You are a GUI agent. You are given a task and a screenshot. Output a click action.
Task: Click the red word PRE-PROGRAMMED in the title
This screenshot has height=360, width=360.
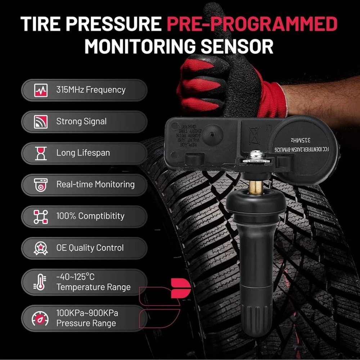tap(252, 24)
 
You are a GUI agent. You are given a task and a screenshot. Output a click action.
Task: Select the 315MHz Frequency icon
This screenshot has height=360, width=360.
tap(41, 90)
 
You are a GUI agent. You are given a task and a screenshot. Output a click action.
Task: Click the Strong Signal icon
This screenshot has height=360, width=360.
tap(41, 122)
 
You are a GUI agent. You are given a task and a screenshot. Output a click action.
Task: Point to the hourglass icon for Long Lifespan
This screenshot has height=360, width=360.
tap(41, 153)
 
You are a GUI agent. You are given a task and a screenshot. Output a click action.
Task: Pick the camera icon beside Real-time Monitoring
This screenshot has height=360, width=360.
tap(41, 185)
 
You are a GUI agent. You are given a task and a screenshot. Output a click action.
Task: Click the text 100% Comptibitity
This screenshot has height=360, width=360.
tap(90, 216)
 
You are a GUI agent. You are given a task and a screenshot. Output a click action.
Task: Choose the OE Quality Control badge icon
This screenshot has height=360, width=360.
tap(41, 248)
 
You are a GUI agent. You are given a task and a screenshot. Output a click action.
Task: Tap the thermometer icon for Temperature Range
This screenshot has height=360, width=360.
tap(40, 282)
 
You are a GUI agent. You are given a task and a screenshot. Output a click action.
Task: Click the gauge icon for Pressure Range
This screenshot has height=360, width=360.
tap(41, 318)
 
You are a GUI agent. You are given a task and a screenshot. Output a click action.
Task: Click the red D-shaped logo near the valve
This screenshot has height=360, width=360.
tap(180, 288)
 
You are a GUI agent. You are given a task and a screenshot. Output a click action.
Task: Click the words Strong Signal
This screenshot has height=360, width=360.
tap(81, 122)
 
